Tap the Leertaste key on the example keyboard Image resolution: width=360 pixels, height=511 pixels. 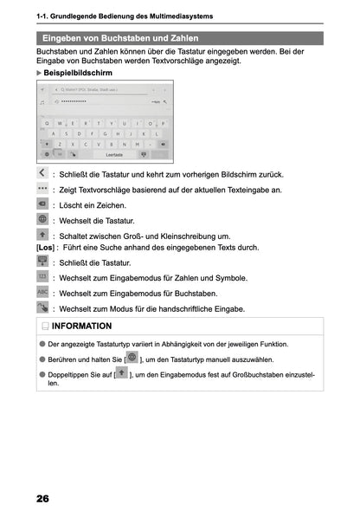[113, 155]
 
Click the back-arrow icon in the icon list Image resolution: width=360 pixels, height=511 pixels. [43, 173]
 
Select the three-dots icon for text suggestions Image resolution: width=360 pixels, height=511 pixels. [43, 188]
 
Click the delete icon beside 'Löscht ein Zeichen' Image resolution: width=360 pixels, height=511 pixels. [43, 204]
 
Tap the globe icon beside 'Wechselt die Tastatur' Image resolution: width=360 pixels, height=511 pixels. [43, 219]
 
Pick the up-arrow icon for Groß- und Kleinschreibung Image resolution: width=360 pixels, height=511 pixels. [43, 234]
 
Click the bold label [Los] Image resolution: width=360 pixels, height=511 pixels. [44, 247]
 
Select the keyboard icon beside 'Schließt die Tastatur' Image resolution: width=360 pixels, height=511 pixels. [43, 262]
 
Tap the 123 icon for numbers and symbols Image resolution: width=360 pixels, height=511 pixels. [43, 277]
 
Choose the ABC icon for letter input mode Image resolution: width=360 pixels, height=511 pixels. [43, 293]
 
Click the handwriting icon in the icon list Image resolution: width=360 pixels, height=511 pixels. [43, 307]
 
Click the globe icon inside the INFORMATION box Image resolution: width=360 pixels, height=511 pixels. [132, 357]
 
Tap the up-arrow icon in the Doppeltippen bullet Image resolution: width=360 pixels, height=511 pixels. [121, 374]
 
